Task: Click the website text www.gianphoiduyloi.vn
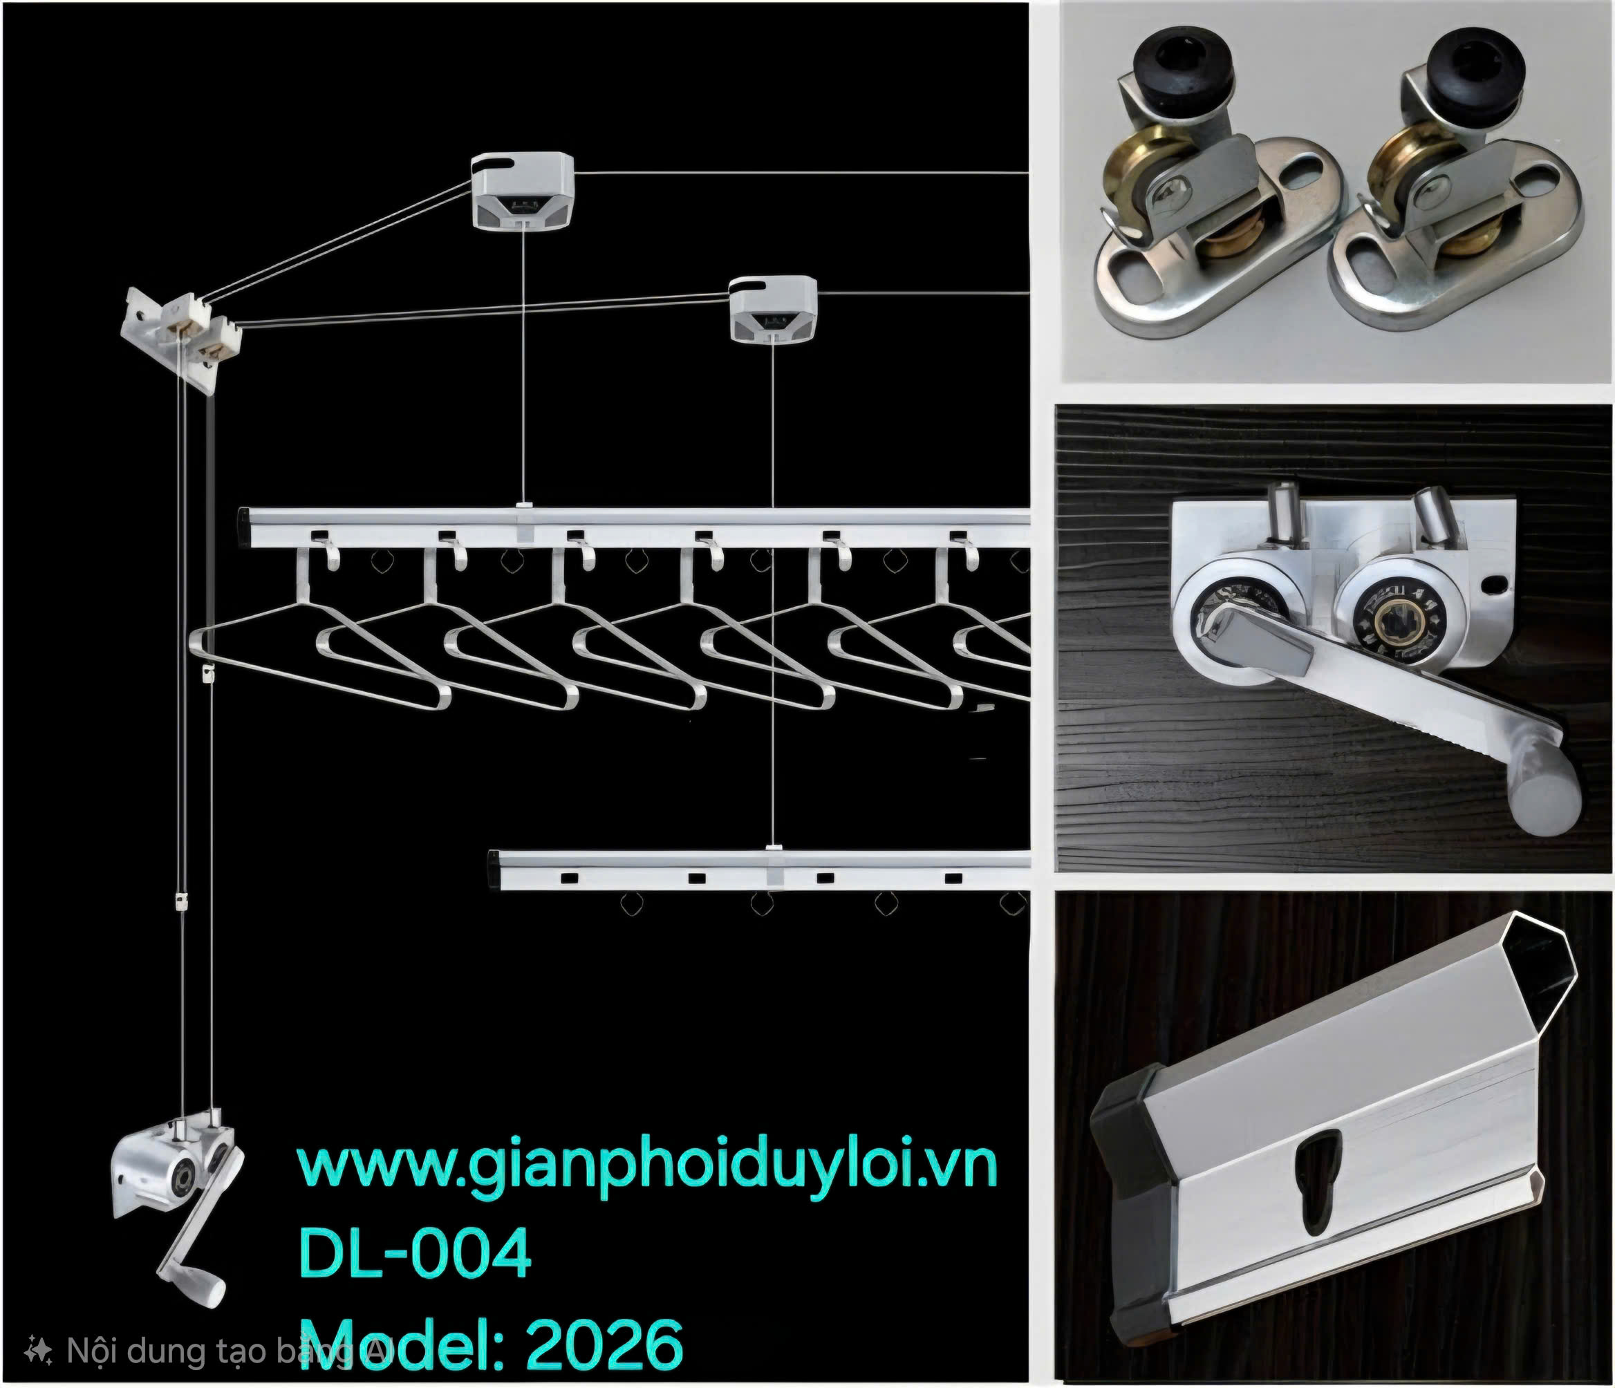(647, 1167)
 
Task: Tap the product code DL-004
(415, 1253)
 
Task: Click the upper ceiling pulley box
(522, 191)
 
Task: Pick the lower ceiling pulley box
(773, 310)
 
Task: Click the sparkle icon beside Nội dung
(38, 1351)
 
